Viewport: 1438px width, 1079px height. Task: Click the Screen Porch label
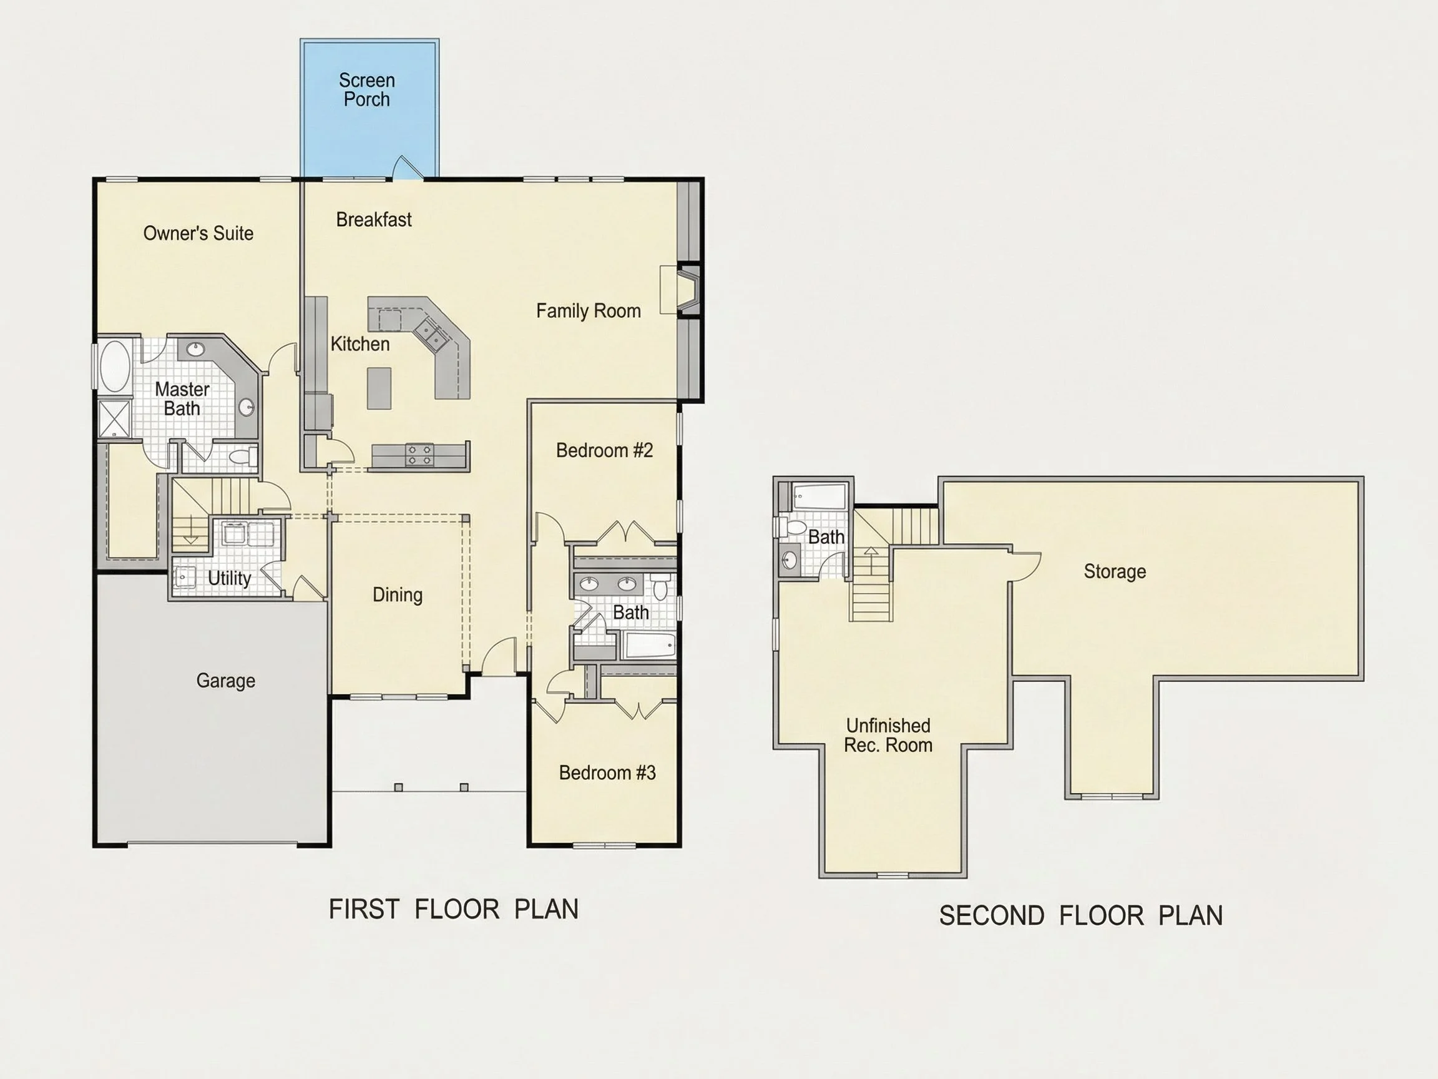tap(366, 90)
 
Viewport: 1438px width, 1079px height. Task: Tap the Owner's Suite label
tap(198, 233)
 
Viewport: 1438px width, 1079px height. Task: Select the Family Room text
tap(589, 311)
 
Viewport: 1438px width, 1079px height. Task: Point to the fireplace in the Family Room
tap(688, 290)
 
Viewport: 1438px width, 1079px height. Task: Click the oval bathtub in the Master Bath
tap(114, 366)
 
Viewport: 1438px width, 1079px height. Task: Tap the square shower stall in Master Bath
tap(114, 419)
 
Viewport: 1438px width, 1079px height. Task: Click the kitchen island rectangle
tap(379, 388)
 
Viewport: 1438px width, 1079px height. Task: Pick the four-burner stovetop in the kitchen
tap(419, 455)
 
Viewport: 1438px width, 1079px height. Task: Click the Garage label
tap(225, 681)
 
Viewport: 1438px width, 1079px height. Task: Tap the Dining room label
tap(397, 594)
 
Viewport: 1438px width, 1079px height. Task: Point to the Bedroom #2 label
tap(605, 450)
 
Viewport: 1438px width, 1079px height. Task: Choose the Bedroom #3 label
tap(607, 772)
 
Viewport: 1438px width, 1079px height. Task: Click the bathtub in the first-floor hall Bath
tap(650, 646)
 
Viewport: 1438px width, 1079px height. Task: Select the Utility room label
tap(230, 578)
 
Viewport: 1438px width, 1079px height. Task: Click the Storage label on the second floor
tap(1115, 571)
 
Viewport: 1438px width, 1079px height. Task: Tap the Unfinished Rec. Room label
tap(888, 735)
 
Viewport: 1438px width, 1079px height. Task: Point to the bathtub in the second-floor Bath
tap(819, 496)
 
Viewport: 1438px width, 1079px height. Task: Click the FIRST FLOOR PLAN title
tap(454, 909)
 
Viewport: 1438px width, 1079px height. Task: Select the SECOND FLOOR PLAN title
tap(1081, 916)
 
